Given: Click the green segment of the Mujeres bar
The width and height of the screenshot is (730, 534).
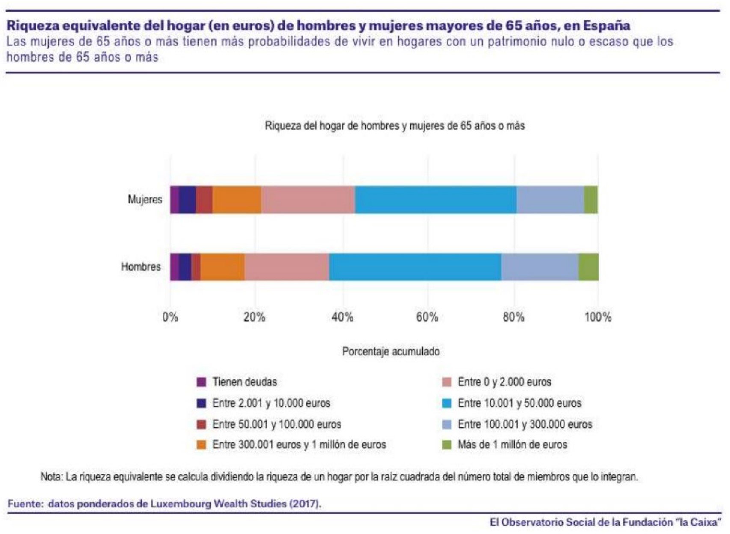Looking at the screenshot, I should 591,200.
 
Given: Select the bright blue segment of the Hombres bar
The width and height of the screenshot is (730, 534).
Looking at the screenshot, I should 415,267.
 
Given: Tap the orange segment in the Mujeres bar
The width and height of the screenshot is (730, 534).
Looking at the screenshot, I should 237,200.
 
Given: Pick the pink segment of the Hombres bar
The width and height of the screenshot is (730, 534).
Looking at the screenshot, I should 287,267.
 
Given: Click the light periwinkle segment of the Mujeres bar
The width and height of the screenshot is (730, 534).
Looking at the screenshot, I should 550,200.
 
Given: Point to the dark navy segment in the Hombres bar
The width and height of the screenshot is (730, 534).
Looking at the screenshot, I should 185,267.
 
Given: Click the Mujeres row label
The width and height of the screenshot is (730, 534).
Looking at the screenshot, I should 145,200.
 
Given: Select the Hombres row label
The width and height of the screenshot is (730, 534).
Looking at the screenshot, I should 141,267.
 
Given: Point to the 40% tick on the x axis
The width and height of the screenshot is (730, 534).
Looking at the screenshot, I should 342,317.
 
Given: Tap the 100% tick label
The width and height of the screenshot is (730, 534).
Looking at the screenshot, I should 598,317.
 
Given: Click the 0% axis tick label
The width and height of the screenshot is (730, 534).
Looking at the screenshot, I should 170,317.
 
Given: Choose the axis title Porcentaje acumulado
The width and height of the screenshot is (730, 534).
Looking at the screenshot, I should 391,352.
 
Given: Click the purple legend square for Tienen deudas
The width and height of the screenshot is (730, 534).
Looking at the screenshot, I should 201,382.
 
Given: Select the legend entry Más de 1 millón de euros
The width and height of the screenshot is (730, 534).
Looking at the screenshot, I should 512,445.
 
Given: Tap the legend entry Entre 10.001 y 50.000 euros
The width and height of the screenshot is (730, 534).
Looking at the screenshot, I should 519,403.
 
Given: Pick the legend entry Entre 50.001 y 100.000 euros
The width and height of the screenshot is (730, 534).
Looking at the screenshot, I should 276,424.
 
